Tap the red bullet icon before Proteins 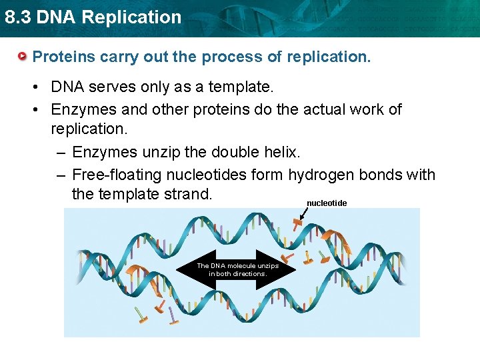pos(23,57)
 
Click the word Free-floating pos(114,175)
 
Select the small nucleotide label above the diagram pos(327,203)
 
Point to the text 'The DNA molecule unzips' pos(237,265)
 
